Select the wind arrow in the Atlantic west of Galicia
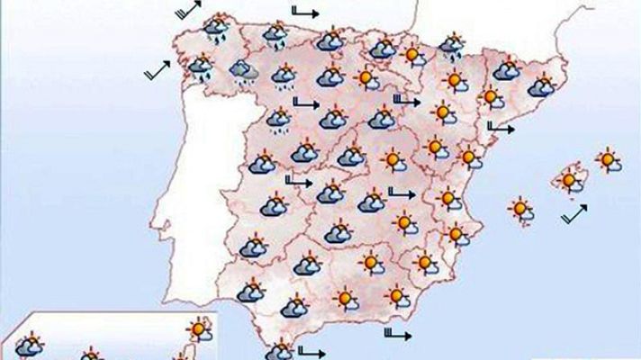[x=158, y=72]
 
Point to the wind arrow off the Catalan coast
[x=501, y=128]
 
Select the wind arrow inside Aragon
[x=407, y=101]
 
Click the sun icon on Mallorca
[x=569, y=181]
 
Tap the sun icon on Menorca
[x=609, y=161]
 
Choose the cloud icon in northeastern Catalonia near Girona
[x=542, y=87]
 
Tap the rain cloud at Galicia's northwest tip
[x=214, y=28]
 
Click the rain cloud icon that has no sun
[x=241, y=69]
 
